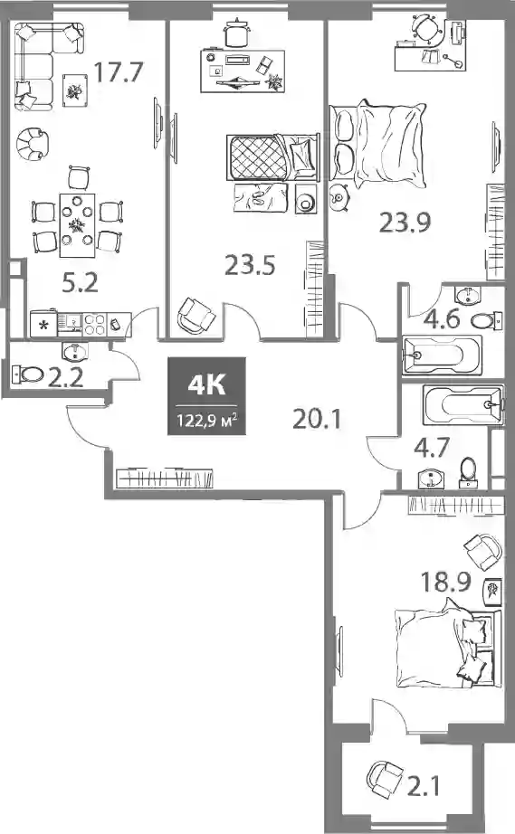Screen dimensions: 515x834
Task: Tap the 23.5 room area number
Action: [x=250, y=264]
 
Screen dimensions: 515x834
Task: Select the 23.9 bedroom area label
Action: [x=405, y=222]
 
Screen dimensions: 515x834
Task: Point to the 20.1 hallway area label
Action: [x=317, y=419]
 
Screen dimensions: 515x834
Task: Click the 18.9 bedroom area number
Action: [x=446, y=582]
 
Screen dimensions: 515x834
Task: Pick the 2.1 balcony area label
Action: [x=424, y=786]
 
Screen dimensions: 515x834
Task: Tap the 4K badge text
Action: [x=207, y=385]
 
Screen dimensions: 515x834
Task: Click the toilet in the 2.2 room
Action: [x=27, y=374]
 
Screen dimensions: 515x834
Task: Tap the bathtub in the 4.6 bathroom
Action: [x=442, y=355]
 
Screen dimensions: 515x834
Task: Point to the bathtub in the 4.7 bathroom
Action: [x=463, y=406]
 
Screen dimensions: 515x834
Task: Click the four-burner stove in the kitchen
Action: [x=95, y=324]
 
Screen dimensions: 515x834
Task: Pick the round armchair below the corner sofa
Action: [x=33, y=143]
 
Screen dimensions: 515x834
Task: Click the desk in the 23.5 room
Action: [x=243, y=71]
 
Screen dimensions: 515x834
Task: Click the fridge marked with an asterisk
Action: [x=44, y=325]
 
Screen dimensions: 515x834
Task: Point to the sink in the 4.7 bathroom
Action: [x=431, y=479]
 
